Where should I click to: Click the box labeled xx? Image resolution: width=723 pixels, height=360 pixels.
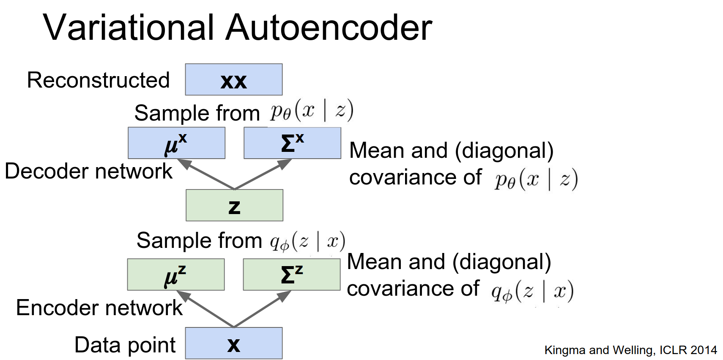(x=233, y=80)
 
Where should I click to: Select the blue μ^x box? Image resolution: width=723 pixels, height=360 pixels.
(x=176, y=143)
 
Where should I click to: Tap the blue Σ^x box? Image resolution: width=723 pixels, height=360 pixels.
(x=292, y=143)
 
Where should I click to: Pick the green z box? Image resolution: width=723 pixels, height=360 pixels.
(x=234, y=205)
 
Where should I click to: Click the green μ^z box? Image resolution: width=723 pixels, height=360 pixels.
(x=175, y=275)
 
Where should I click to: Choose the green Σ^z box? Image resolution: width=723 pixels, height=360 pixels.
(x=291, y=275)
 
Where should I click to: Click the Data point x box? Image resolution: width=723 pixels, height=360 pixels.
(x=233, y=343)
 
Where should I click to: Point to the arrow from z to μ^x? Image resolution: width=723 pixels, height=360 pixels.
(x=205, y=174)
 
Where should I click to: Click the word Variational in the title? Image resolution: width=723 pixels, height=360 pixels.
(x=129, y=27)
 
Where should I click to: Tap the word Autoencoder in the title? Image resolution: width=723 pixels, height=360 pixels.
(x=329, y=27)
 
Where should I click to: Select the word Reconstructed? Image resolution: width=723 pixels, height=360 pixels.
(x=98, y=80)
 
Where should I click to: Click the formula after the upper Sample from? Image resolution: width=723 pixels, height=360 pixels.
(x=312, y=111)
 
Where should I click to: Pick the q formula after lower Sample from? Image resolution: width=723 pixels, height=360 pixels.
(x=307, y=242)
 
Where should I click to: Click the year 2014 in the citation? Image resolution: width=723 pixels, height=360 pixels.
(x=704, y=350)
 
